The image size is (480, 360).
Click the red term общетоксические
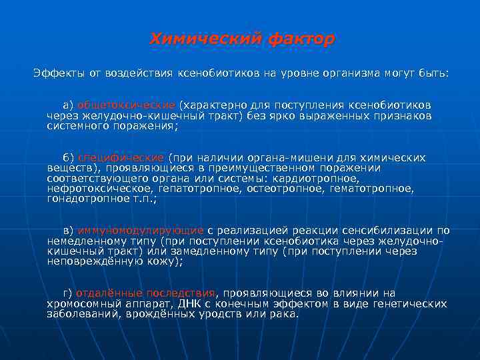coord(127,105)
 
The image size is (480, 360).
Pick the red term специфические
coord(121,158)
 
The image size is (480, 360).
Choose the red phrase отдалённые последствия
coord(146,293)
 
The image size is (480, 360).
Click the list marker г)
coord(67,293)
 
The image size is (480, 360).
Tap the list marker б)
coord(68,158)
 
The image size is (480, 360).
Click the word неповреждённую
coord(93,261)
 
